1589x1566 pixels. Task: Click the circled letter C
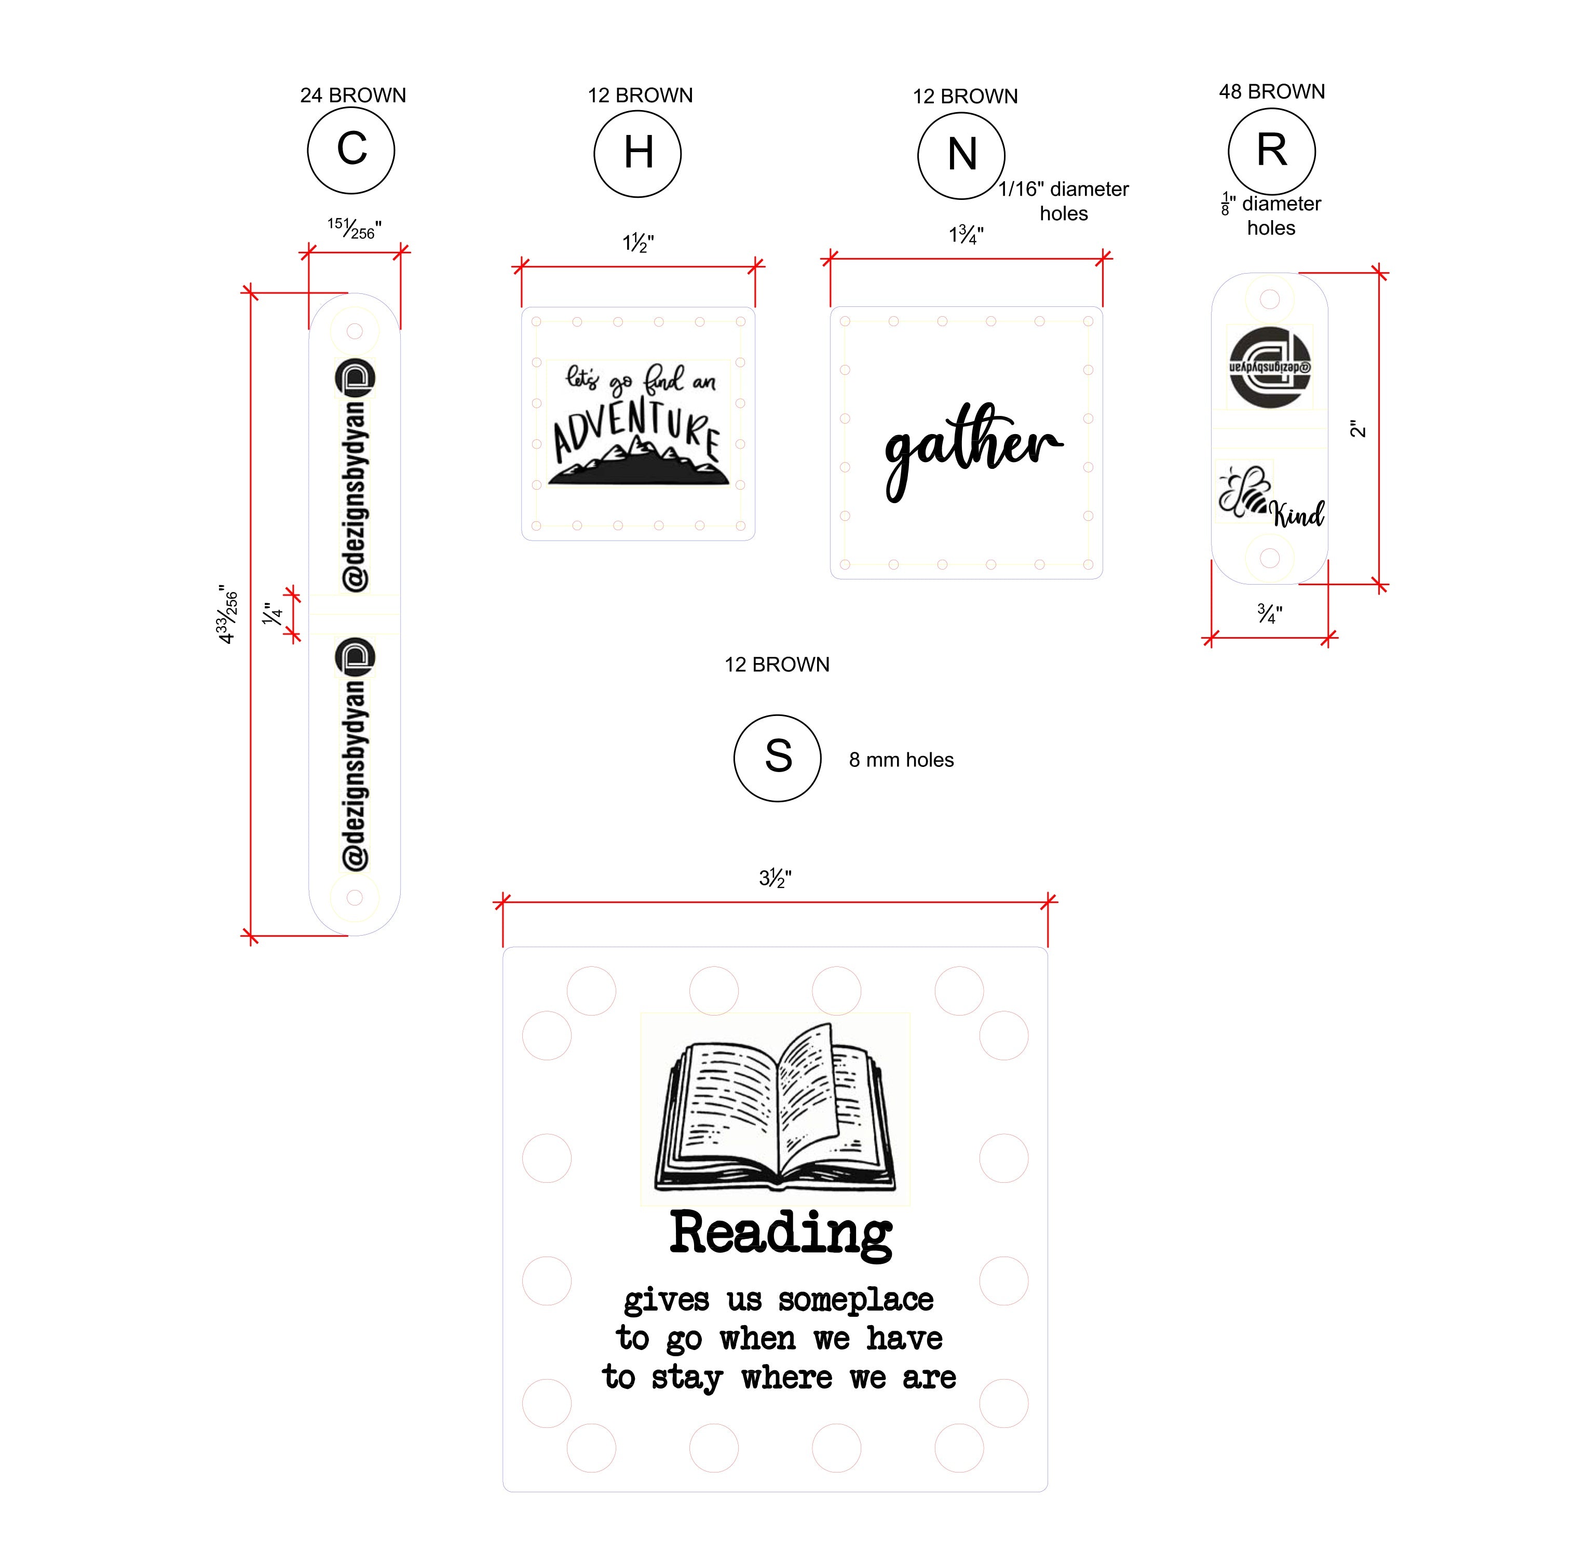[352, 150]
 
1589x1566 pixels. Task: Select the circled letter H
[638, 153]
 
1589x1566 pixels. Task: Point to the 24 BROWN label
[353, 96]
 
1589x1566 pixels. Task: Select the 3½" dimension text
[775, 879]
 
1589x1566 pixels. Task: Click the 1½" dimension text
[638, 244]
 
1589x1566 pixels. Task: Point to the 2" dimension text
[1358, 428]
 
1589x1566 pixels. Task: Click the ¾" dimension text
[1270, 614]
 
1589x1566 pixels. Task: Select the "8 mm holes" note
[901, 760]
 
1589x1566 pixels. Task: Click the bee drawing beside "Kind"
[1244, 492]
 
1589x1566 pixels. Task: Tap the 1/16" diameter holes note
[1064, 201]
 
